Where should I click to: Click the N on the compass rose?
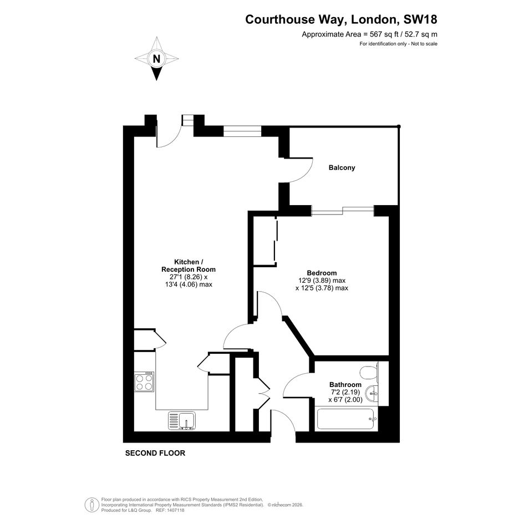(x=156, y=59)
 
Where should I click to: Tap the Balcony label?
(x=342, y=167)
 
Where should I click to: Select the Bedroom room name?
(x=322, y=273)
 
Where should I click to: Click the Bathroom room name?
(x=345, y=385)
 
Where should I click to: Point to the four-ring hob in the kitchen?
(x=144, y=381)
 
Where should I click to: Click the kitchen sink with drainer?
(x=182, y=421)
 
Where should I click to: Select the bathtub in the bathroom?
(x=347, y=419)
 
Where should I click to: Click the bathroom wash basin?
(x=372, y=394)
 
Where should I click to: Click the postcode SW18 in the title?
(x=420, y=19)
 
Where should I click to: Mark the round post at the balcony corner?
(x=399, y=126)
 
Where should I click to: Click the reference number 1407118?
(x=175, y=510)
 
